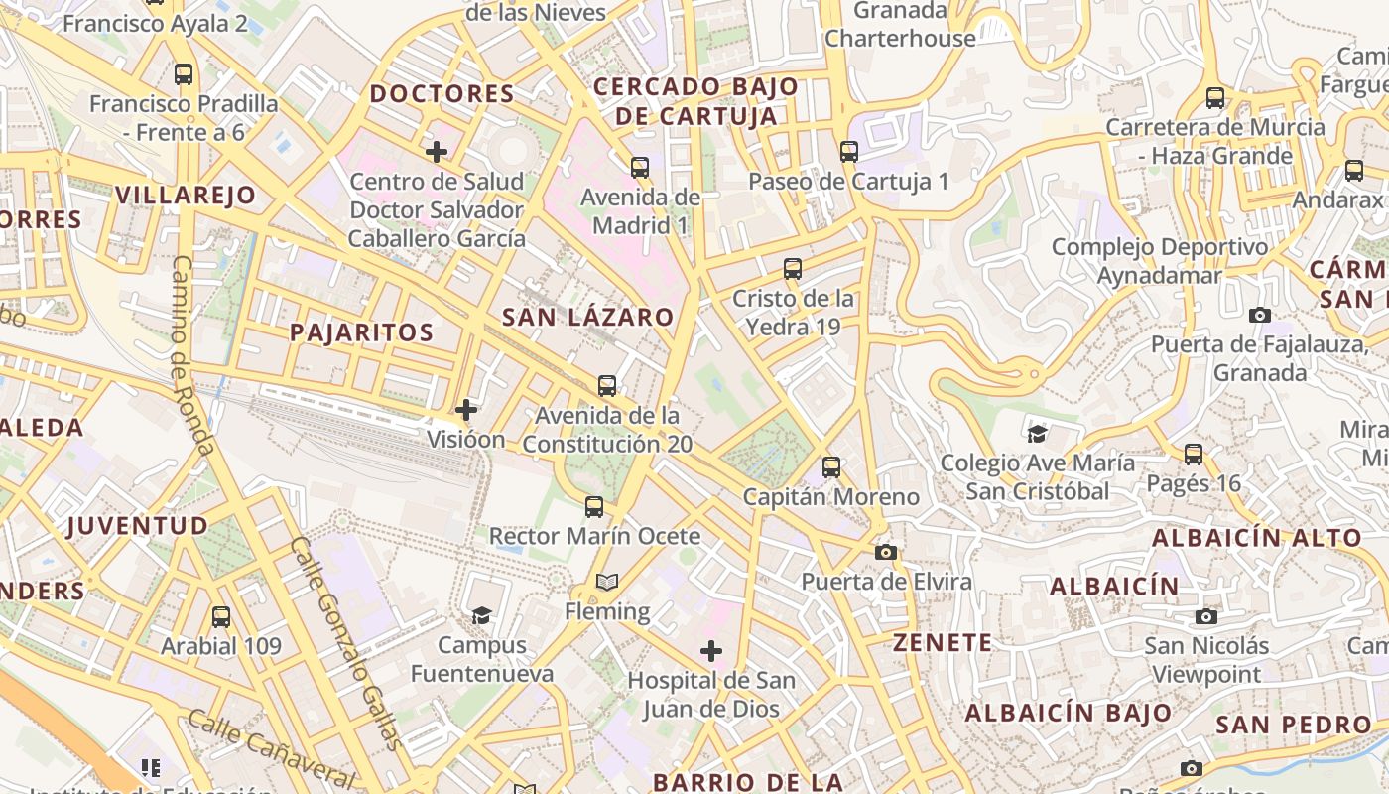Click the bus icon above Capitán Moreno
point(831,466)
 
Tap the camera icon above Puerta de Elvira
point(886,552)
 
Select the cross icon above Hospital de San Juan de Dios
point(711,651)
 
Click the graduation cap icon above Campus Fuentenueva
point(481,615)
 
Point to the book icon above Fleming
point(606,582)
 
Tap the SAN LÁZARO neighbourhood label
point(587,318)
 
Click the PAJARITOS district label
point(361,332)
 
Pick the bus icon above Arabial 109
point(221,616)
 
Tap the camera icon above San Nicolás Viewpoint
point(1206,616)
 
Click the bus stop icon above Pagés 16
point(1194,455)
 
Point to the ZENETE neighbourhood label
point(943,643)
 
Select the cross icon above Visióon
point(466,409)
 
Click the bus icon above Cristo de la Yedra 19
point(793,268)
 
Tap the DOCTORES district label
point(442,94)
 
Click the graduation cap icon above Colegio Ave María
point(1037,433)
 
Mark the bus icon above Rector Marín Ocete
point(594,507)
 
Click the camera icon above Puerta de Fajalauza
point(1260,316)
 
